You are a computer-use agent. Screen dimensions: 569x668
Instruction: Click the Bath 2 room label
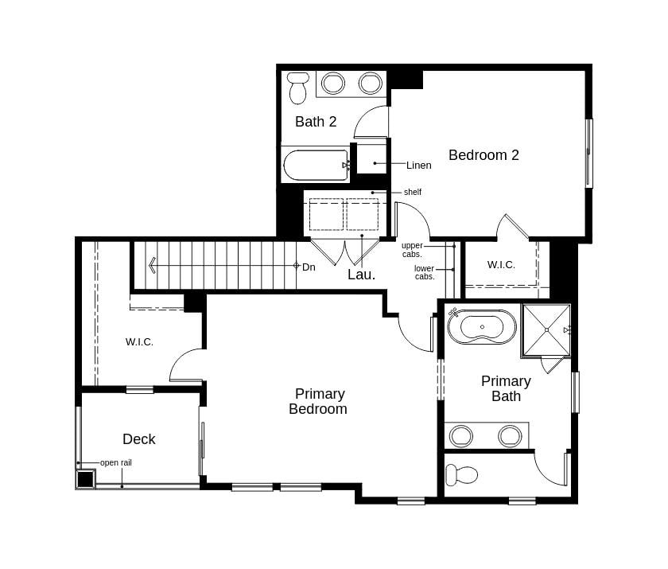point(316,122)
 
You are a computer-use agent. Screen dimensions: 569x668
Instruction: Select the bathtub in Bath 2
point(316,165)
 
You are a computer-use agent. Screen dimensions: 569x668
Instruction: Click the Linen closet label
point(418,166)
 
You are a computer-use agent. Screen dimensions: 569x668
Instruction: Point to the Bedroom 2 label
point(484,155)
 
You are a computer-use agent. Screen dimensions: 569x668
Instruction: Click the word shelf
point(412,192)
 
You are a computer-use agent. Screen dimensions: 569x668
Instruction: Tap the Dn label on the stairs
point(309,267)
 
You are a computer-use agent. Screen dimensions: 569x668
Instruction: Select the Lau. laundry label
point(361,275)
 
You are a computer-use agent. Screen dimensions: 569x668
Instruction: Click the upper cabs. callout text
point(412,249)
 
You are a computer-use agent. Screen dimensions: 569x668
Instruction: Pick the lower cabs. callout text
point(424,272)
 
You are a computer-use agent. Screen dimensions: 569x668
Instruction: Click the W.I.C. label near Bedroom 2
point(501,265)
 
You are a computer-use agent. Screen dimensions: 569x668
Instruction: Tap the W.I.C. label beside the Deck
point(139,342)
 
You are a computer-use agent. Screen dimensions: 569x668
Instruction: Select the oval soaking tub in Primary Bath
point(482,327)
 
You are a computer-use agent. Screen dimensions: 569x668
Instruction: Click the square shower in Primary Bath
point(546,329)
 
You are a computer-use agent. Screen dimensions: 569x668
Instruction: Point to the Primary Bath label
point(506,388)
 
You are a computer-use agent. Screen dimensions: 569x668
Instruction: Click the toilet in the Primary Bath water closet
point(461,476)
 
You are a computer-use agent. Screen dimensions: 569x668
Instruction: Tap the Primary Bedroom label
point(318,401)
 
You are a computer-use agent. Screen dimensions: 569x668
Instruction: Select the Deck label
point(139,439)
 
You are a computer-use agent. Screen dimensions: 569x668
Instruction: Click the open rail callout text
point(115,462)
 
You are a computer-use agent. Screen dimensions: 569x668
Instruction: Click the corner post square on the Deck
point(85,479)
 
